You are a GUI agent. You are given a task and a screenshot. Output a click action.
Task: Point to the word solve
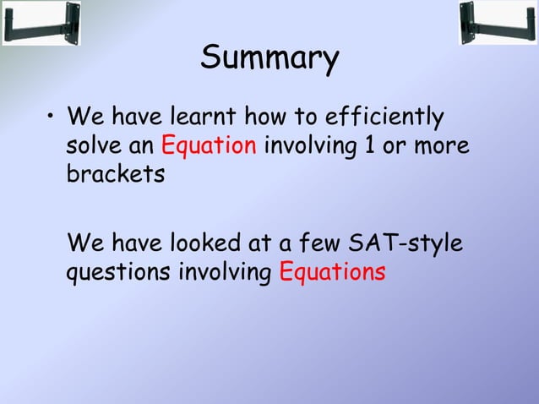[94, 145]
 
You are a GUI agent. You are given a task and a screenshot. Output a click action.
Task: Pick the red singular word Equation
[209, 146]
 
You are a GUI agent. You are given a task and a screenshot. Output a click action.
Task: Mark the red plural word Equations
[332, 274]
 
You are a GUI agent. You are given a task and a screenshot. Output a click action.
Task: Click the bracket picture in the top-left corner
[41, 23]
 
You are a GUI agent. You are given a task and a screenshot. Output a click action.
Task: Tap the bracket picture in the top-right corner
[498, 23]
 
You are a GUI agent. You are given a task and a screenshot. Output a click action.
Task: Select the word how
[262, 115]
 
